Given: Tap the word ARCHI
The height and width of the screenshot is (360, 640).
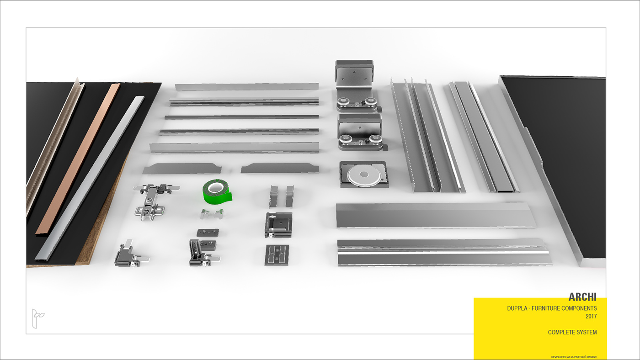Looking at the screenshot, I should [x=582, y=297].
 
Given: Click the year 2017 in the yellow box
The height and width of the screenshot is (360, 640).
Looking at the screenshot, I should [x=591, y=316].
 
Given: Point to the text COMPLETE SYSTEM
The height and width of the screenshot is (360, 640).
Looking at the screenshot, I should [x=572, y=332].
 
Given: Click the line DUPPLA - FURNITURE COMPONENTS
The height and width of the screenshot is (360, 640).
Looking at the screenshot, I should [x=551, y=308].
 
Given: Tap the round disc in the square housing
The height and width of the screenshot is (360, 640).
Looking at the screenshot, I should [x=364, y=175].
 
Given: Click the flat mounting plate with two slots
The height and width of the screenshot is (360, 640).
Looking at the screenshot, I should [x=277, y=254].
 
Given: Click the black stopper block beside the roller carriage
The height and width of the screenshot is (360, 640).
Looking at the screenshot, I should [x=385, y=147].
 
